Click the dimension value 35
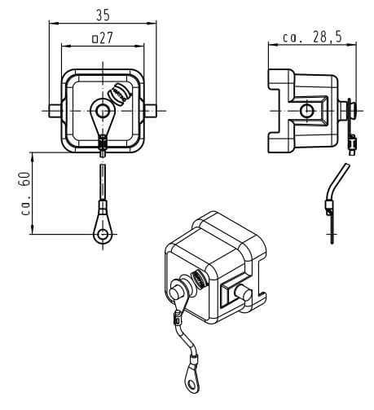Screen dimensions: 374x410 [x=103, y=15]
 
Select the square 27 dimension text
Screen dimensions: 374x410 [x=102, y=38]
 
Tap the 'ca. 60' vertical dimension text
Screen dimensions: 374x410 [x=25, y=193]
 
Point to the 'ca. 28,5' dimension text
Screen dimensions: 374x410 [x=312, y=37]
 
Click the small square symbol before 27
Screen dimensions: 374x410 [x=95, y=39]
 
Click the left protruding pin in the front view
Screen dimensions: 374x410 [x=55, y=111]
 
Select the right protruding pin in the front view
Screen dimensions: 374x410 [x=151, y=111]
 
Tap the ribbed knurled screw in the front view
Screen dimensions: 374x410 [x=120, y=94]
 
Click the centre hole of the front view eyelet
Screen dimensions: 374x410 [x=103, y=111]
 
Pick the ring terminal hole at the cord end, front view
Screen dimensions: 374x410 [x=103, y=234]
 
